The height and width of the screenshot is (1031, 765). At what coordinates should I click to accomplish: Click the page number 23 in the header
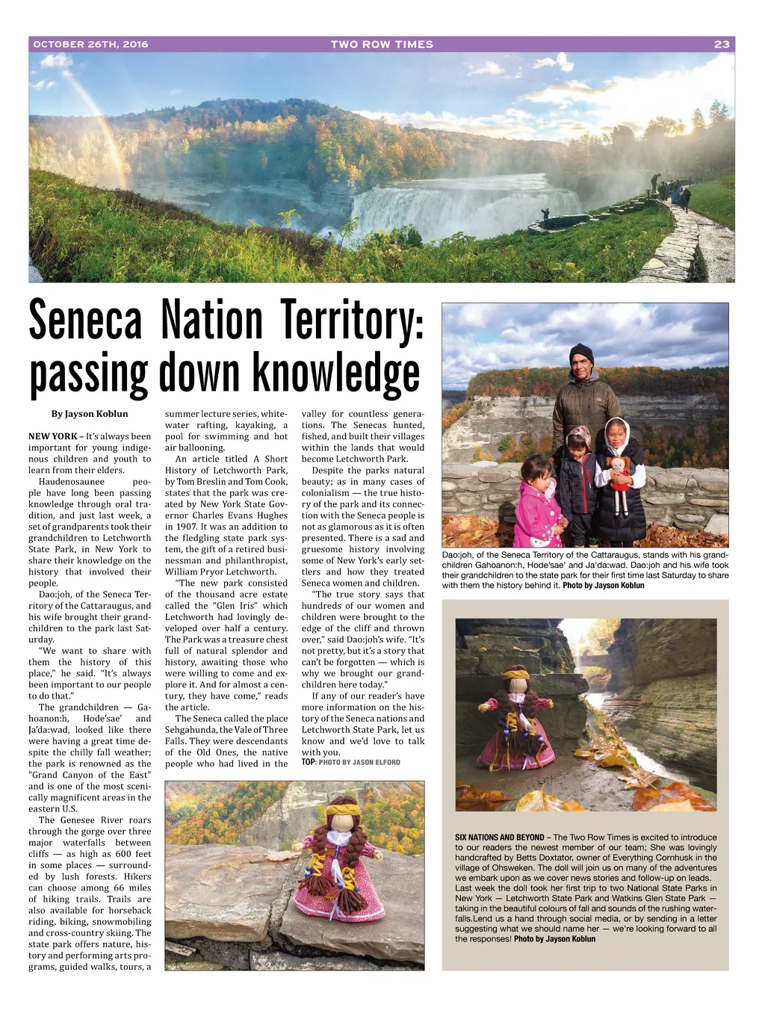tap(722, 44)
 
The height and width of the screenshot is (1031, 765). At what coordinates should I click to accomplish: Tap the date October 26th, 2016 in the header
tap(90, 44)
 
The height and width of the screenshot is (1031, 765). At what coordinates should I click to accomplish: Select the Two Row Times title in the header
tap(382, 44)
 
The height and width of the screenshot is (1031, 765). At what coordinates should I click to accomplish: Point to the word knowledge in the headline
tap(336, 374)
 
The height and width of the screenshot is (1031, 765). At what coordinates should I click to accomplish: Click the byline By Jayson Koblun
tap(90, 414)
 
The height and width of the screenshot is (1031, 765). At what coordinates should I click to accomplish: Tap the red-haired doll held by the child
tap(619, 482)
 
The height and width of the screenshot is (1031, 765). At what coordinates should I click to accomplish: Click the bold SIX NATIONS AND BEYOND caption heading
tap(500, 838)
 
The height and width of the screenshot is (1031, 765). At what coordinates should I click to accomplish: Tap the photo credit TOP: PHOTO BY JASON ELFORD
tap(351, 763)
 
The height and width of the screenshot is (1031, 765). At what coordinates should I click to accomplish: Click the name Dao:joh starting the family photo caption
tap(457, 555)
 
